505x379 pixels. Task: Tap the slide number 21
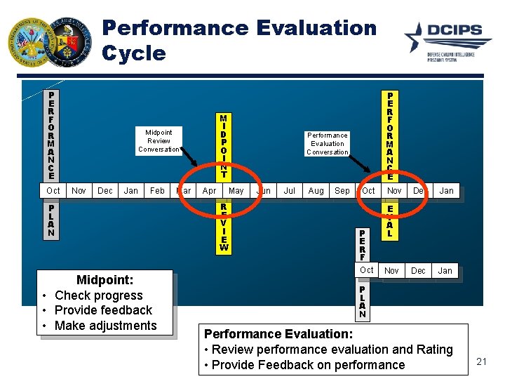point(481,361)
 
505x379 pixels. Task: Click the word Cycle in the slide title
point(134,53)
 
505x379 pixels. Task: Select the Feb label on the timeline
point(158,190)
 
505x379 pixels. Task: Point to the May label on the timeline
point(236,190)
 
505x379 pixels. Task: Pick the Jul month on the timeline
point(289,190)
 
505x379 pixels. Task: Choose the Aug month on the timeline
point(316,190)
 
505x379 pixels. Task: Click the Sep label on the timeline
point(342,190)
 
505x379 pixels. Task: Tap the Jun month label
point(264,190)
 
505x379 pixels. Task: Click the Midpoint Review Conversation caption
point(159,140)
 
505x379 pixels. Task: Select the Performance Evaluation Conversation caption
point(328,143)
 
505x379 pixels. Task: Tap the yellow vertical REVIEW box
point(223,227)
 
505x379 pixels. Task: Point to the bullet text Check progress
point(98,295)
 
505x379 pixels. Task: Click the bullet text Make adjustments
point(105,325)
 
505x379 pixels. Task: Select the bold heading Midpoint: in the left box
point(105,281)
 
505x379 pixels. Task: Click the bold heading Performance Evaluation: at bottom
point(278,334)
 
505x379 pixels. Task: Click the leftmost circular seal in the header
point(29,41)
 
